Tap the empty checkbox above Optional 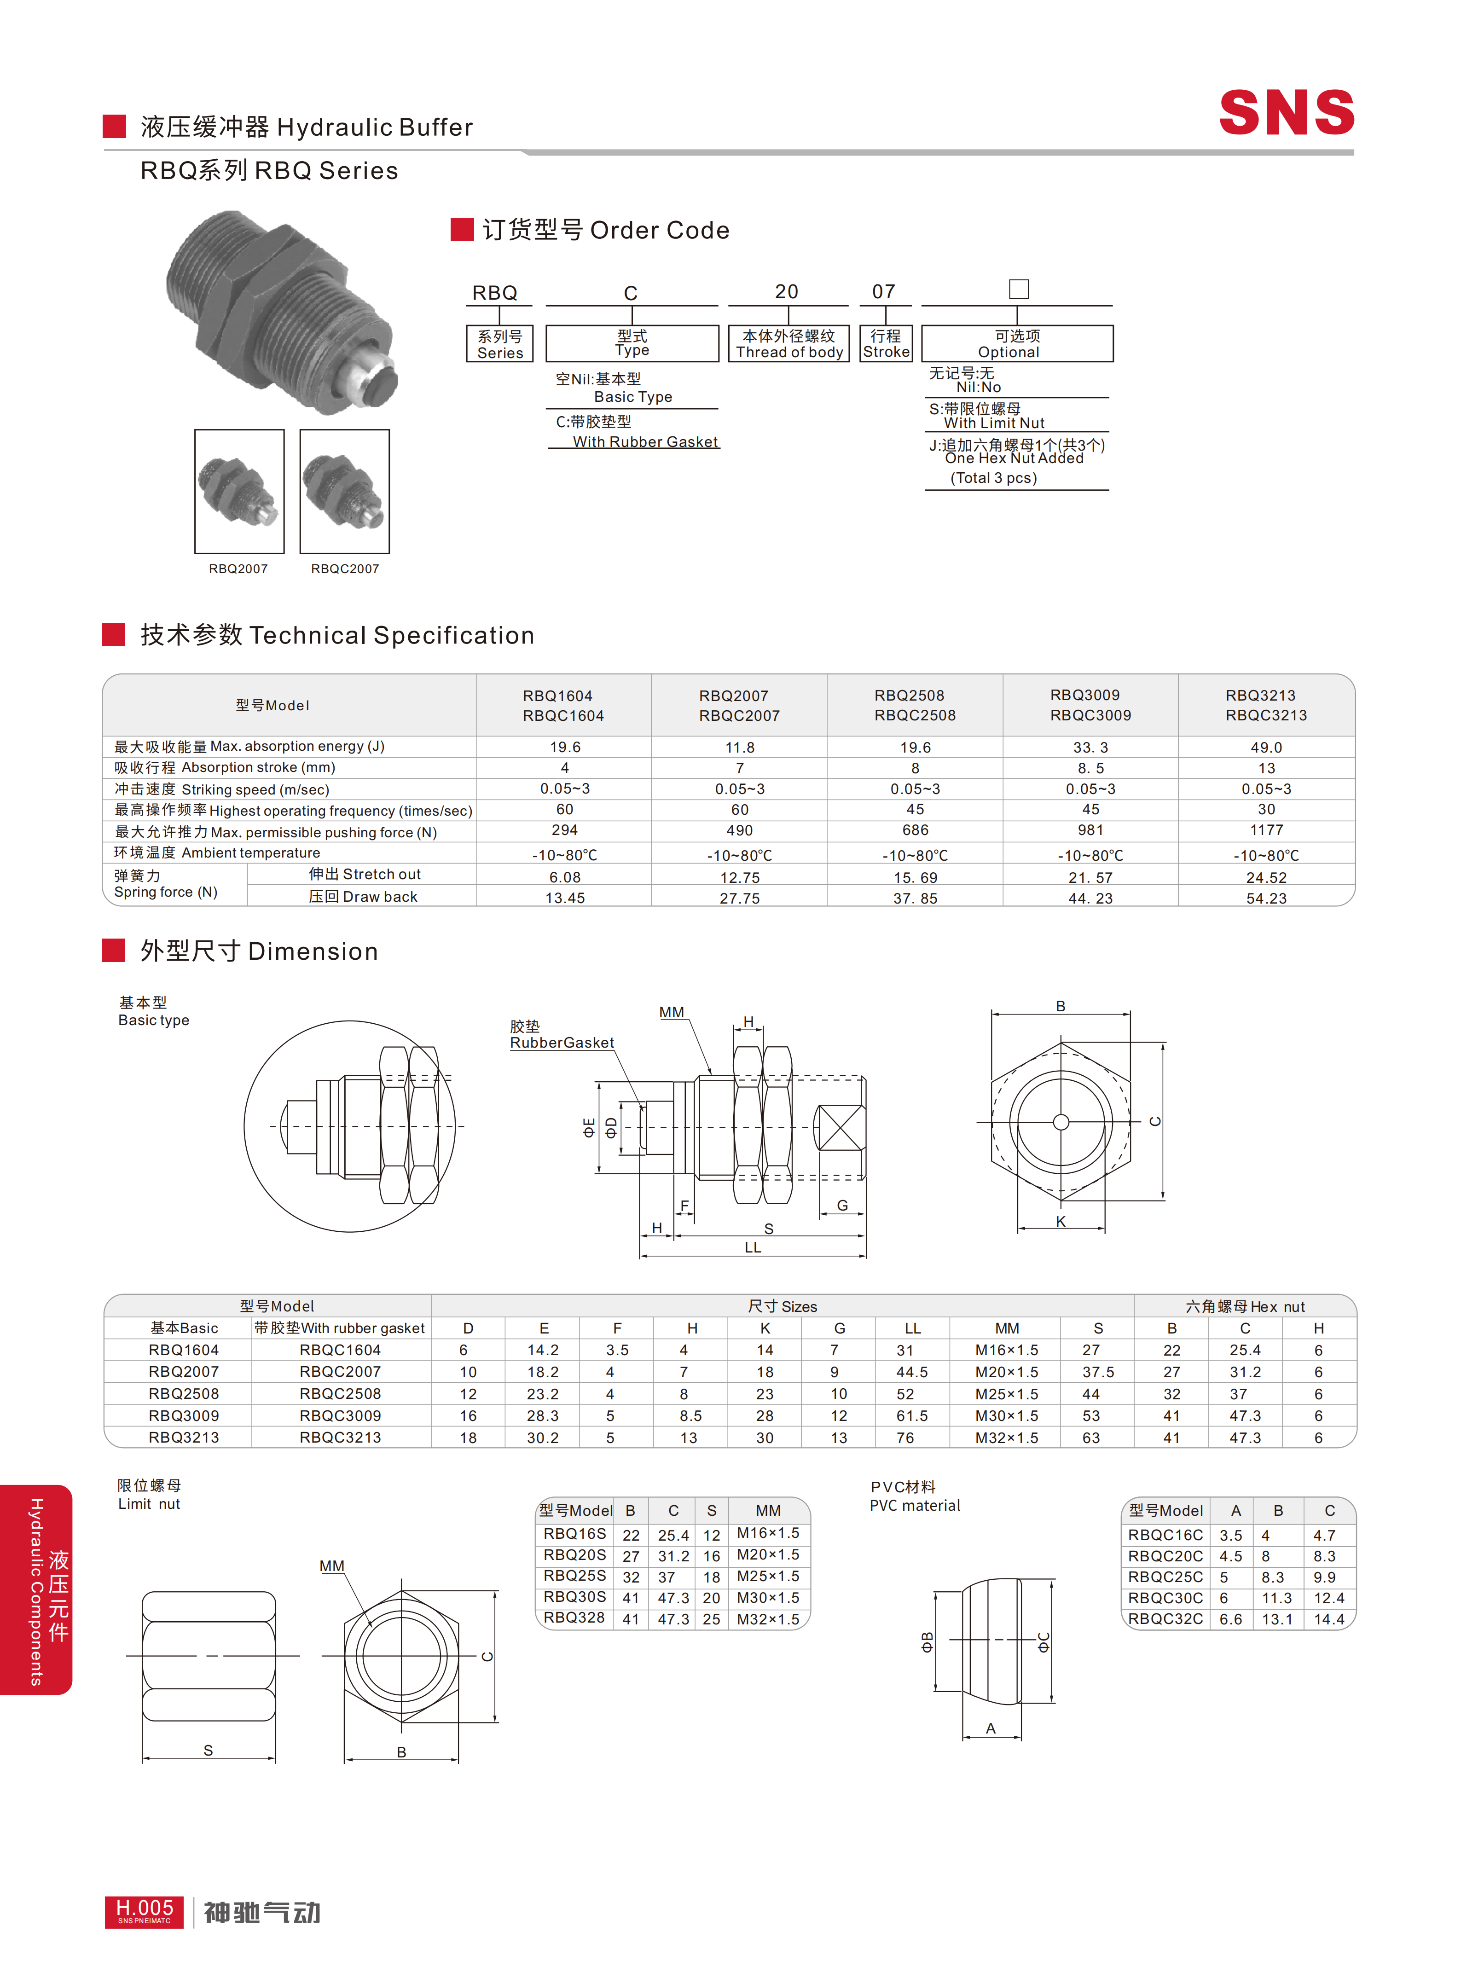pos(1019,289)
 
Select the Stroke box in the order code pos(886,343)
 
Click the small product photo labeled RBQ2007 pos(239,492)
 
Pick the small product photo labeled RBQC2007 pos(345,492)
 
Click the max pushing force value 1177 pos(1266,829)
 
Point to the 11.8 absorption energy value pos(740,748)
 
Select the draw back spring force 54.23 pos(1266,898)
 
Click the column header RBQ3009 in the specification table pos(1085,695)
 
